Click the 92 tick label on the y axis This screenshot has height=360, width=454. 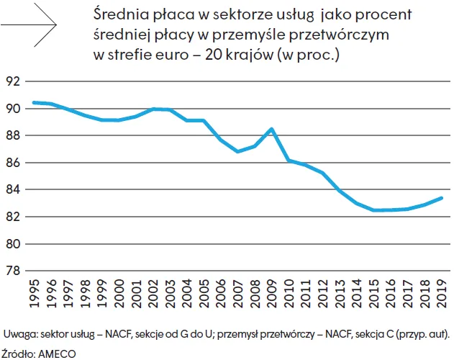pyautogui.click(x=12, y=81)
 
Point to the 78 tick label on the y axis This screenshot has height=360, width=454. pyautogui.click(x=12, y=271)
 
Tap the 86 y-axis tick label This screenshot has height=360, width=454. pyautogui.click(x=12, y=163)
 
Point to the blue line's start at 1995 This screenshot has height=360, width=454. pyautogui.click(x=33, y=102)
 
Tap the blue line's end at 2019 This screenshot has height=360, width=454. pyautogui.click(x=442, y=197)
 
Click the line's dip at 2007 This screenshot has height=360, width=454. pyautogui.click(x=237, y=152)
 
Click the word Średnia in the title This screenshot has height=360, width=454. pyautogui.click(x=117, y=14)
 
